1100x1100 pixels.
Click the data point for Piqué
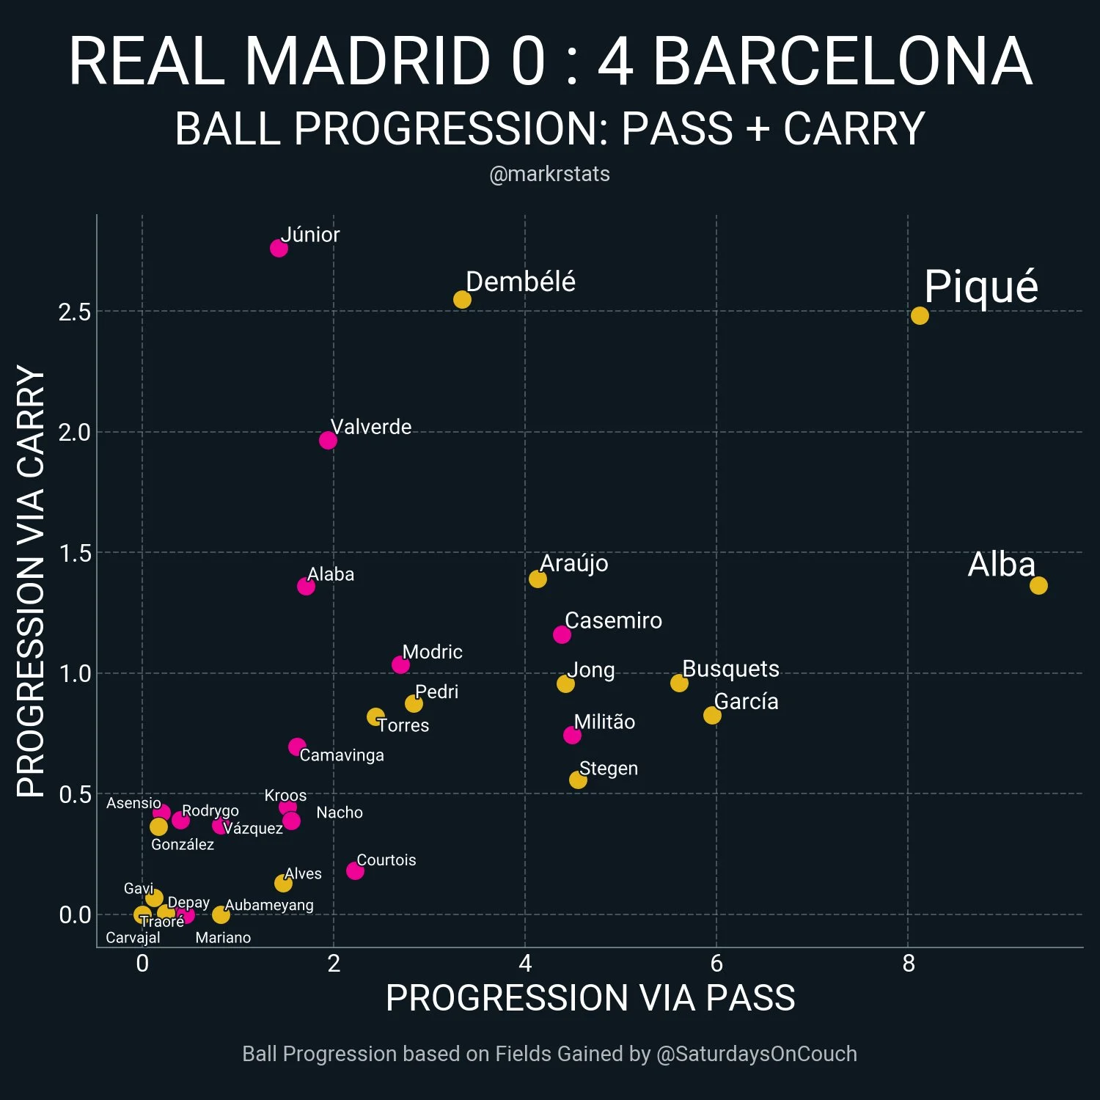(x=919, y=315)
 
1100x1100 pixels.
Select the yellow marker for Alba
(x=1038, y=585)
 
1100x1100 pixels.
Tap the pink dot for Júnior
(x=279, y=248)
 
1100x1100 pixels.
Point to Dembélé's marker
(x=462, y=299)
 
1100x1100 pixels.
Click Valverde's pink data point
(x=328, y=440)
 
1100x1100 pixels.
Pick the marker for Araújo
(x=538, y=579)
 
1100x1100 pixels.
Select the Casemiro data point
(x=562, y=634)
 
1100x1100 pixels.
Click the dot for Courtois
(x=355, y=870)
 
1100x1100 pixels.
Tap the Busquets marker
(x=679, y=683)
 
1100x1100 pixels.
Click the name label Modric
(x=432, y=652)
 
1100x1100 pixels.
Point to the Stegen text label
(x=608, y=769)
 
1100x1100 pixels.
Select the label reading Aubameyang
(x=269, y=905)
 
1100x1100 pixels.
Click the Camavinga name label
(x=342, y=755)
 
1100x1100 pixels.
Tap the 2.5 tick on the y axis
(x=74, y=312)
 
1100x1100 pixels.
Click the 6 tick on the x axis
(x=716, y=963)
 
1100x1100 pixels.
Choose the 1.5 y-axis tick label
(x=74, y=554)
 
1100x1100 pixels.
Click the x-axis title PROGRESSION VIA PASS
(x=590, y=998)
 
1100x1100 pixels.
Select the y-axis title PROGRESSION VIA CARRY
(x=31, y=581)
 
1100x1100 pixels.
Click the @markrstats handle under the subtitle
(x=549, y=175)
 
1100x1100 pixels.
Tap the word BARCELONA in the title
(x=842, y=62)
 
